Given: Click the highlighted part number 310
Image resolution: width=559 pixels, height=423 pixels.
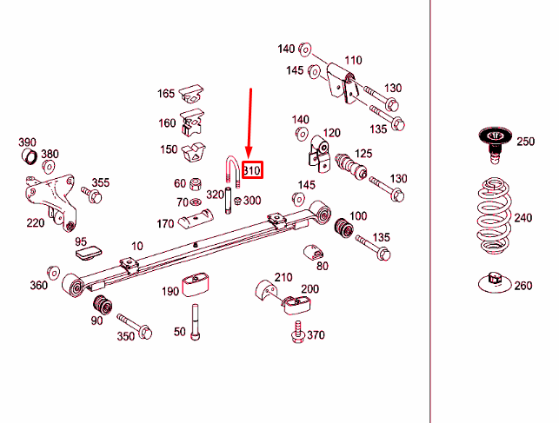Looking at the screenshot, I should (251, 171).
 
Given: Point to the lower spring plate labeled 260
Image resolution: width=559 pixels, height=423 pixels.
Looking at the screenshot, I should (492, 281).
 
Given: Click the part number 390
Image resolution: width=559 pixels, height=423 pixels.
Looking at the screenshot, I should (27, 142).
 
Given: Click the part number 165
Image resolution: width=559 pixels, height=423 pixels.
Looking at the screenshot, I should (166, 94).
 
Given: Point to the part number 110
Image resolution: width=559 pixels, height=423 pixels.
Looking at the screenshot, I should (352, 61).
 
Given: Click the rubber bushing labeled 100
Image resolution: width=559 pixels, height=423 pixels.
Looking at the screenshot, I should (343, 228).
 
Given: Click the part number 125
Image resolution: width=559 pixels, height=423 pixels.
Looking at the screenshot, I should (363, 154).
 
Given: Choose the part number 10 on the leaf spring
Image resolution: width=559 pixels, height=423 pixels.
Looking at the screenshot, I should (136, 247).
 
